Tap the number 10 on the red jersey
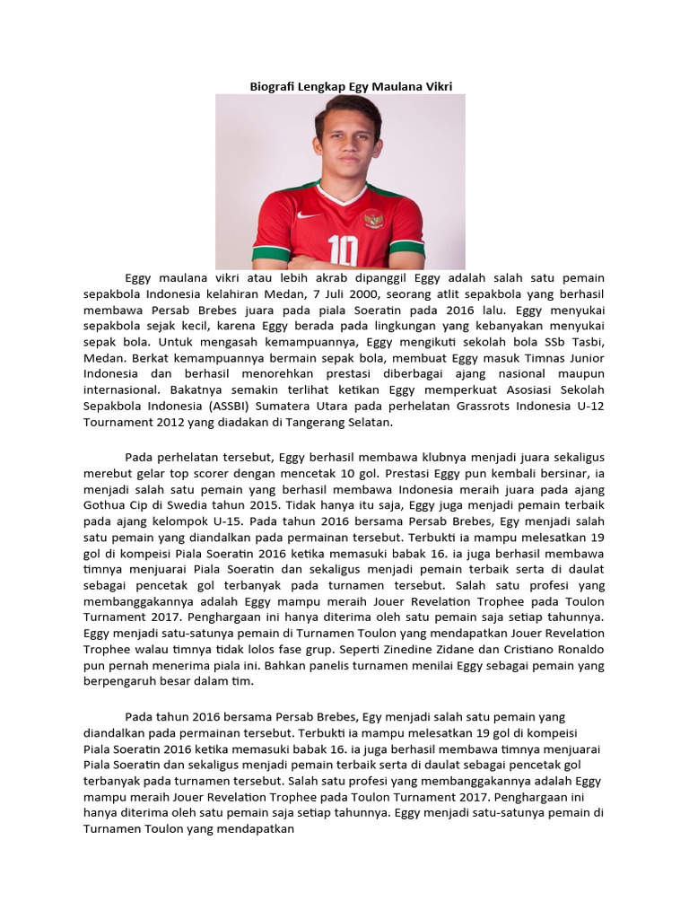pyautogui.click(x=343, y=247)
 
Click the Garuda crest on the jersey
pyautogui.click(x=372, y=219)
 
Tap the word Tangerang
pyautogui.click(x=287, y=423)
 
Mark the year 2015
pyautogui.click(x=251, y=505)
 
